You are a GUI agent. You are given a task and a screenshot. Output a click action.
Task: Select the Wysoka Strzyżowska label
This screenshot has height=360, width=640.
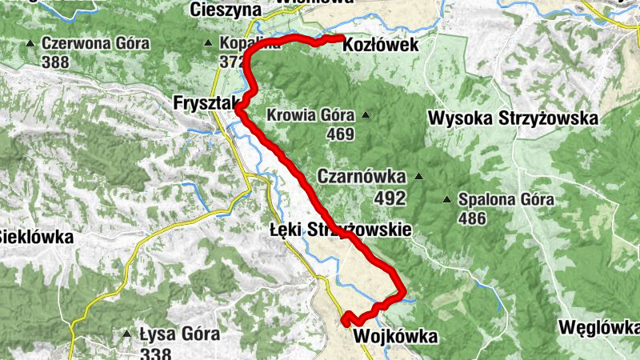tap(514, 118)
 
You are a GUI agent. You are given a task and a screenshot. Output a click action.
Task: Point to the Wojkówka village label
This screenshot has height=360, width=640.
tap(394, 337)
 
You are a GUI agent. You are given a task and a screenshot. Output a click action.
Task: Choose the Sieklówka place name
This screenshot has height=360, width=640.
tap(36, 237)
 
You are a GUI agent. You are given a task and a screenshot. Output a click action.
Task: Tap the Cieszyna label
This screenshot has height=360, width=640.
tap(226, 10)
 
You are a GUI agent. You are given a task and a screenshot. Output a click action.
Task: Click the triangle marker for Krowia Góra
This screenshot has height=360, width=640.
tap(366, 115)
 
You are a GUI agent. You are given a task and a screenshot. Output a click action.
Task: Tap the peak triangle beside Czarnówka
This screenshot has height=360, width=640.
tap(418, 176)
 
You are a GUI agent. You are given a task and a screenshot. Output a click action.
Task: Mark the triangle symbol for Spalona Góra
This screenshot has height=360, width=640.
tap(447, 198)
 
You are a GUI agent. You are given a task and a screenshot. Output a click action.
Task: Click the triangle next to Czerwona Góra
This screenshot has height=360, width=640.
tap(30, 43)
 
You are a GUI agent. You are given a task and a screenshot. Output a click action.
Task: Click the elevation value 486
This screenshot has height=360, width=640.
tap(472, 218)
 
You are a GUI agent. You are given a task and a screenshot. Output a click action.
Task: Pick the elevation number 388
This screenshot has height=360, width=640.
tap(55, 62)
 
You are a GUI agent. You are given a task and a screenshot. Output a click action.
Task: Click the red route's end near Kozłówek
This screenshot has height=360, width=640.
tap(342, 38)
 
